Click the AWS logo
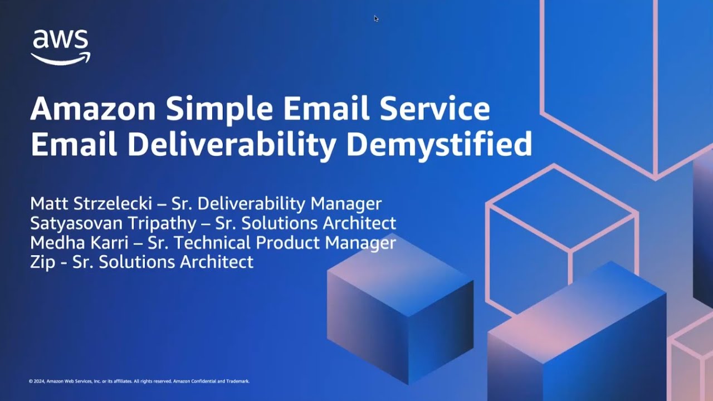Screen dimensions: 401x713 pyautogui.click(x=60, y=47)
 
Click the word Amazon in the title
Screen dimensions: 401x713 pyautogui.click(x=92, y=109)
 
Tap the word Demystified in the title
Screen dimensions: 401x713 pyautogui.click(x=439, y=144)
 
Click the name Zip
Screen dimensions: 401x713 pyautogui.click(x=42, y=262)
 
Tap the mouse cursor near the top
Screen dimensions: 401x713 pyautogui.click(x=376, y=18)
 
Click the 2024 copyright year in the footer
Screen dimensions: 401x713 pyautogui.click(x=38, y=382)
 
